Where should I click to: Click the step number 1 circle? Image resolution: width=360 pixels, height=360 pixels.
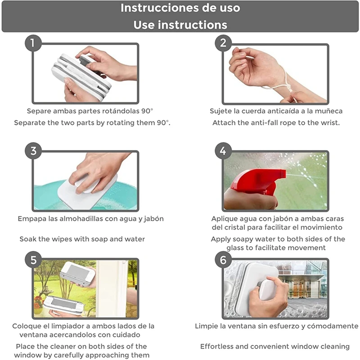(33, 43)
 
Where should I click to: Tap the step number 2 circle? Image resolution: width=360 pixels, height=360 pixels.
(223, 43)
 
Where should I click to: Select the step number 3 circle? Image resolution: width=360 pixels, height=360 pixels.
(33, 151)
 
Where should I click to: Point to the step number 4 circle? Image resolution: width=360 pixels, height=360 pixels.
(223, 151)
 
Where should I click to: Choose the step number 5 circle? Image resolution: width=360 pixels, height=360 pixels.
(33, 260)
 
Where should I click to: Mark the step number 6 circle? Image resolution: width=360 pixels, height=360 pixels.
(223, 260)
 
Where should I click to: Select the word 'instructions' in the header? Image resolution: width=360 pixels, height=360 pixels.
(193, 25)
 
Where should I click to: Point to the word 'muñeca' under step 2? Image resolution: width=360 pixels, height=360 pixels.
(328, 111)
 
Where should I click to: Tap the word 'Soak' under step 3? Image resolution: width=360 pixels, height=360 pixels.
(28, 239)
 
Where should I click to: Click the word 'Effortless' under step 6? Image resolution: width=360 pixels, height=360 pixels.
(216, 346)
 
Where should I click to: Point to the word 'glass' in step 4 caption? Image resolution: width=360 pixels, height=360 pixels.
(234, 248)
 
